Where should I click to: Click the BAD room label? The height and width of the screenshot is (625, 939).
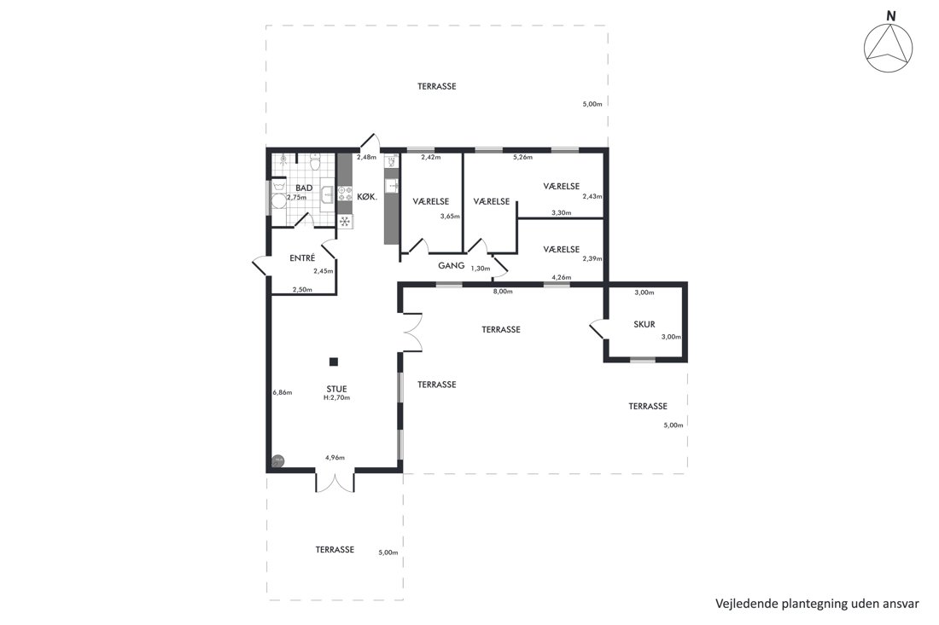(x=304, y=188)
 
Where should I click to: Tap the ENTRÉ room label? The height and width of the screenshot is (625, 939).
(x=302, y=258)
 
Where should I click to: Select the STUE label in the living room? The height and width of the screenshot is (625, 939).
(x=336, y=390)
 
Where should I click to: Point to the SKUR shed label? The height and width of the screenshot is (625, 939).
(x=644, y=324)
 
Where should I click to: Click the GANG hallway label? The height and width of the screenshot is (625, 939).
(x=451, y=265)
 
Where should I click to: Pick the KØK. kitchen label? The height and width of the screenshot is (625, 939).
(x=367, y=196)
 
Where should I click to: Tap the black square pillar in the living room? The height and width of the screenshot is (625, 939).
(x=334, y=362)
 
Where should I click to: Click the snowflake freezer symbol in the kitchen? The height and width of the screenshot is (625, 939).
(x=345, y=222)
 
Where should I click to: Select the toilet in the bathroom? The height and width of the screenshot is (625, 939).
(x=315, y=162)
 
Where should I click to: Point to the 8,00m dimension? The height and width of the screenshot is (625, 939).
(x=503, y=292)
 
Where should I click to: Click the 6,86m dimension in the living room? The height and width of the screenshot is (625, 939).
(x=282, y=392)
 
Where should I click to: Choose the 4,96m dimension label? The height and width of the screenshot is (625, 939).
(x=335, y=458)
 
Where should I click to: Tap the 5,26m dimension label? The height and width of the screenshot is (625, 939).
(x=522, y=157)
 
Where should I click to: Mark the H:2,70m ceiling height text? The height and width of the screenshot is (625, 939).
(x=336, y=397)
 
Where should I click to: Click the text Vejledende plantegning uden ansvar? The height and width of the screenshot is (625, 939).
(x=817, y=604)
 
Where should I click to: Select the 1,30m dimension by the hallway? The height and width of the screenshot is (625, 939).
(x=481, y=269)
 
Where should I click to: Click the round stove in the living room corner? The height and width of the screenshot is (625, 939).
(x=278, y=460)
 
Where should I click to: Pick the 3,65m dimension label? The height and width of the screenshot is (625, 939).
(x=450, y=217)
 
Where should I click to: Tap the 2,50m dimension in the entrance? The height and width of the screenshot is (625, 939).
(x=302, y=290)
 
